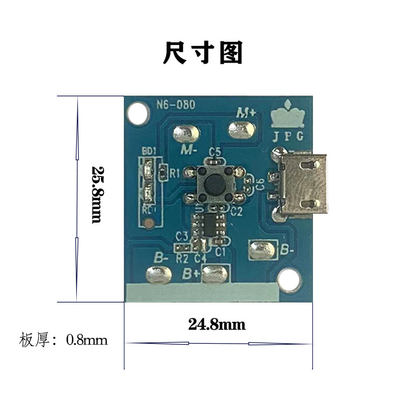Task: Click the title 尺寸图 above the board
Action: point(203,53)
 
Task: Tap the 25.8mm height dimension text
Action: point(98,194)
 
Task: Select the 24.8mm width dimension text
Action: point(217,324)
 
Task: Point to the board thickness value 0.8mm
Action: point(87,340)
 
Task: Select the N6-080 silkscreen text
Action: point(176,105)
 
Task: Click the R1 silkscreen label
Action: point(174,172)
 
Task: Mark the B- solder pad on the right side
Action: point(262,250)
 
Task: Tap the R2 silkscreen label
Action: point(182,259)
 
